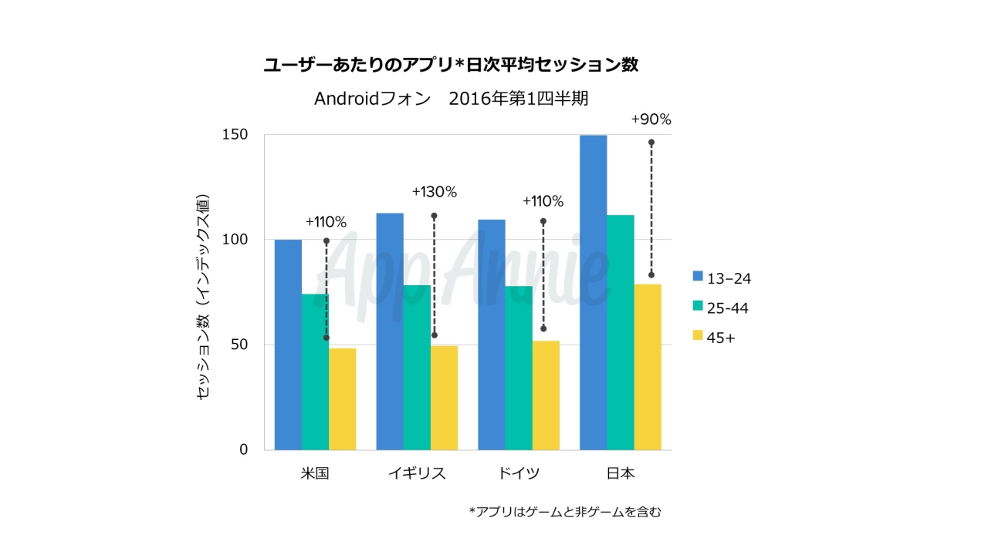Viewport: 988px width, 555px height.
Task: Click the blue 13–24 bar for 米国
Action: [288, 345]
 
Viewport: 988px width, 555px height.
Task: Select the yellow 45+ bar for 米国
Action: [342, 399]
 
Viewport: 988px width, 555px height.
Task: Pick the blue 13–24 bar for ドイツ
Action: [492, 335]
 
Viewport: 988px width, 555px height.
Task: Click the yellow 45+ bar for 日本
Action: [648, 367]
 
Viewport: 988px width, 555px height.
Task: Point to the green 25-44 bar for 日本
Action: [621, 332]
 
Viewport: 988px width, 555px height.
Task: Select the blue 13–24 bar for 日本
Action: [593, 292]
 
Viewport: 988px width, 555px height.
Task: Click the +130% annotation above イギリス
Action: [434, 192]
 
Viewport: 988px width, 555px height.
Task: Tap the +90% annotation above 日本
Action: [651, 119]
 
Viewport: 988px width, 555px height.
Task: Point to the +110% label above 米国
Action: [326, 222]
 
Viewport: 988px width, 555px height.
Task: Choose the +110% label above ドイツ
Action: [543, 202]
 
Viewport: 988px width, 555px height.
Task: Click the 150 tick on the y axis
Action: [236, 135]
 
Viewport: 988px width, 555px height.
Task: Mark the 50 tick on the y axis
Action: [240, 345]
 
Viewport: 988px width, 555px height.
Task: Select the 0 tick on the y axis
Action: [244, 449]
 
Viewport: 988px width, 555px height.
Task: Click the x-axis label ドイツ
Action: [519, 473]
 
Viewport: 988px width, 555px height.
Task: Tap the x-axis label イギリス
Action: [417, 473]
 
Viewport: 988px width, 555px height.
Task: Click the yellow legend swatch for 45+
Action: [698, 336]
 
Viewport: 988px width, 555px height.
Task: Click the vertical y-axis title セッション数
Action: [203, 298]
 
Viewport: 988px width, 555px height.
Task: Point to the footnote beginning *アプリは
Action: [565, 511]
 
